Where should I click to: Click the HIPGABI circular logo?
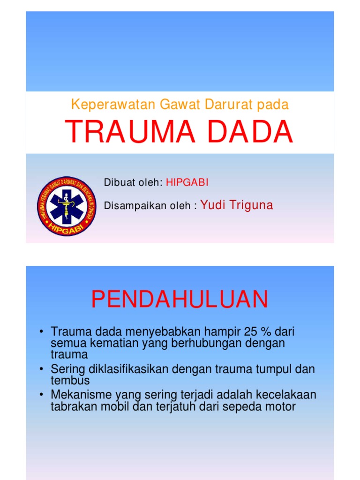click(67, 206)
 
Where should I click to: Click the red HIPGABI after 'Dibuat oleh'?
click(187, 183)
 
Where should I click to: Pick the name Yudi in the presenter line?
click(213, 205)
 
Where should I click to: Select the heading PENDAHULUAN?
click(180, 299)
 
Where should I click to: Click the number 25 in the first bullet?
click(252, 332)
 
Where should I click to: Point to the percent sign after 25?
click(266, 332)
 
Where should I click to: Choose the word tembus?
click(70, 380)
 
